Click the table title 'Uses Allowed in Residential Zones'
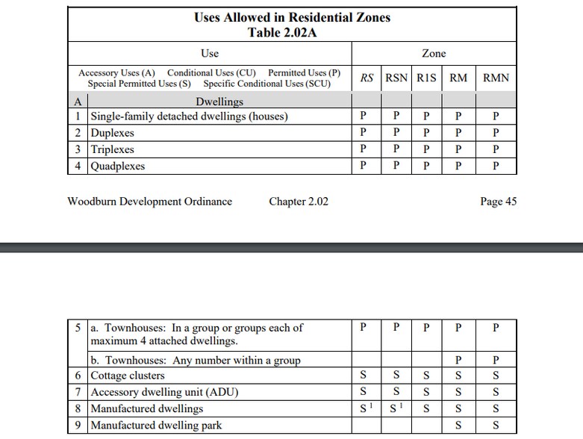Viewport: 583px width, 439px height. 292,17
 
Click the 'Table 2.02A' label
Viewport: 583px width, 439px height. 292,33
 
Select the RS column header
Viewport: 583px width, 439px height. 367,78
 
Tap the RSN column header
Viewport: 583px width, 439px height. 396,78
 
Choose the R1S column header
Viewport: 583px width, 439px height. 427,78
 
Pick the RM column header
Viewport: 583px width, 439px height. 458,78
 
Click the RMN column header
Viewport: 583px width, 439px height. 496,78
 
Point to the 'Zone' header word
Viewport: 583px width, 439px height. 434,54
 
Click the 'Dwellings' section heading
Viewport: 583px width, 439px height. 219,102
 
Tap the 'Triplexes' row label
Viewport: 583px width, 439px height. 113,149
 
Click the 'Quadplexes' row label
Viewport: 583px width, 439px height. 118,166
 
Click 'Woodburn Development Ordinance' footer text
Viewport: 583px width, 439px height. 149,202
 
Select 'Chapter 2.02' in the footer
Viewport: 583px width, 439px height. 298,202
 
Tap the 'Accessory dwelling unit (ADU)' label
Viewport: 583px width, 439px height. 164,392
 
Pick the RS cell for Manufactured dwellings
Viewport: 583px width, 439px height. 364,409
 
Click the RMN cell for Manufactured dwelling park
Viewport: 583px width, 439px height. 496,426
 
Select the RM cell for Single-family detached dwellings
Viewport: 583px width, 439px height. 458,116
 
